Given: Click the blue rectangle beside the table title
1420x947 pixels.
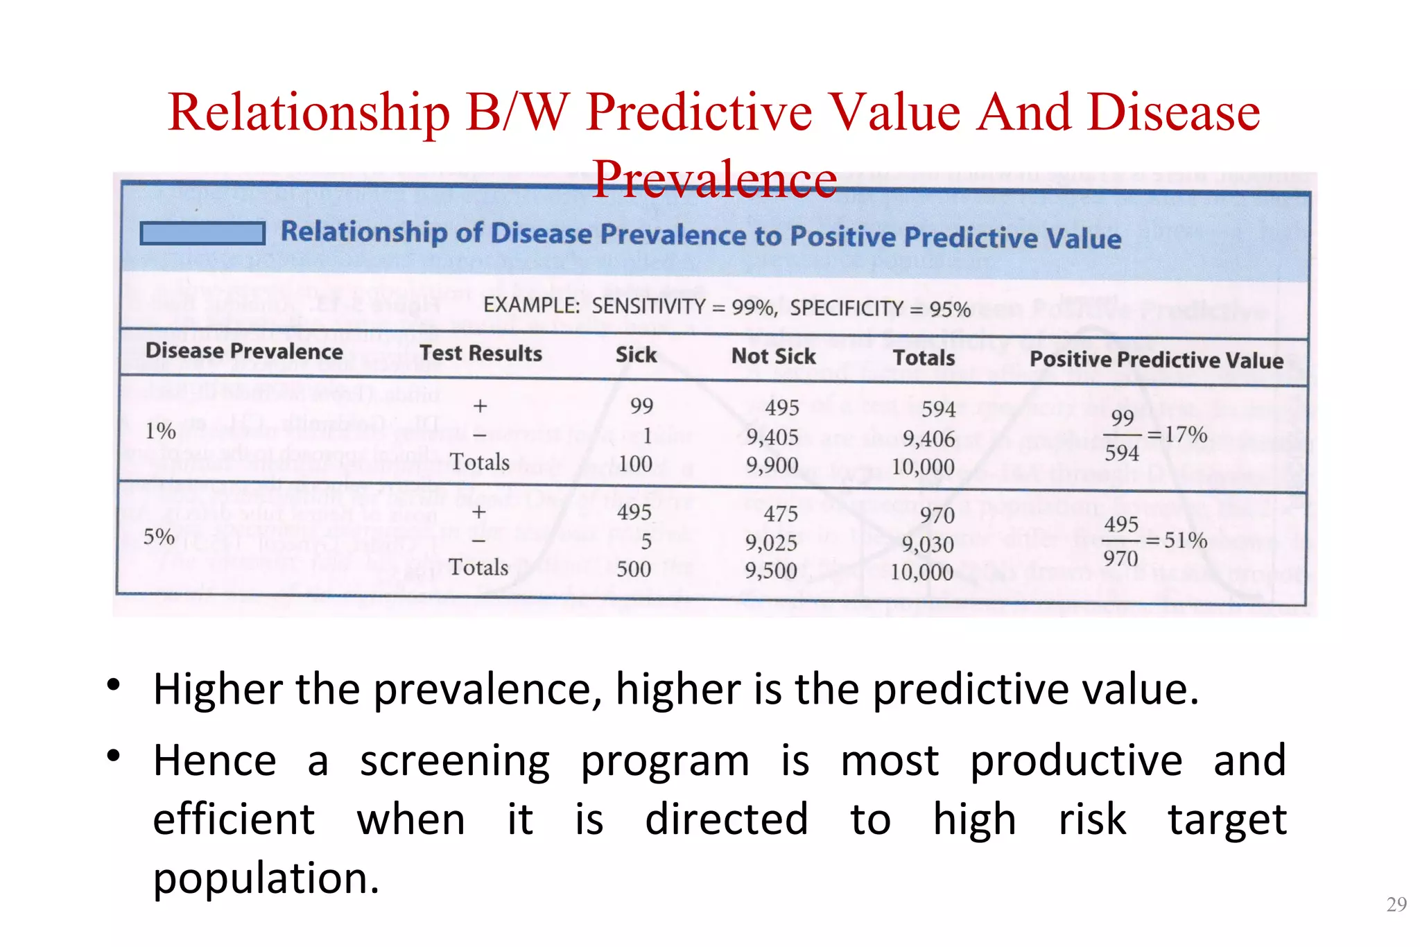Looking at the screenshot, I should coord(202,234).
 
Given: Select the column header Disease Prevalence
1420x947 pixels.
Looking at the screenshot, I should coord(244,351).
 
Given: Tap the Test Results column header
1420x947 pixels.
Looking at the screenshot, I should coord(480,354).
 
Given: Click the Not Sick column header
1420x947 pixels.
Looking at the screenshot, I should coord(774,356).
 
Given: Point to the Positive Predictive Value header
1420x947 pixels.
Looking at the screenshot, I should coord(1156,360).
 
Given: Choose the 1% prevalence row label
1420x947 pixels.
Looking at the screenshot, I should coord(160,431).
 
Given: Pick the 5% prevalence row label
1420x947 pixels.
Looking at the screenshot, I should coord(159,537).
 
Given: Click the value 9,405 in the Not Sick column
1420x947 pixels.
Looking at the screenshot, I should coord(772,437).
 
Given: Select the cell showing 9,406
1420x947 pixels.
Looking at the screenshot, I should coord(928,439).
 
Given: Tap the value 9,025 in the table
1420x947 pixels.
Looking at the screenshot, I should coord(771,543).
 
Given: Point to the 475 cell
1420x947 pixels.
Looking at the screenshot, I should coord(781,514).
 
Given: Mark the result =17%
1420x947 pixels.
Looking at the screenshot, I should coord(1177,435).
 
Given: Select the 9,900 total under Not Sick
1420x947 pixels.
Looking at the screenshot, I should coord(772,465).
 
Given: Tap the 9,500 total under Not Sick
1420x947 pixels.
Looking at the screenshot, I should coord(771,571).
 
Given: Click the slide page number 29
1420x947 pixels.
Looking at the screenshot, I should coord(1396,905).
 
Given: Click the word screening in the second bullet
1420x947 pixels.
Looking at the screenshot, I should coord(455,761).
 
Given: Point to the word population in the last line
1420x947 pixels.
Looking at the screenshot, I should coord(266,879).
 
